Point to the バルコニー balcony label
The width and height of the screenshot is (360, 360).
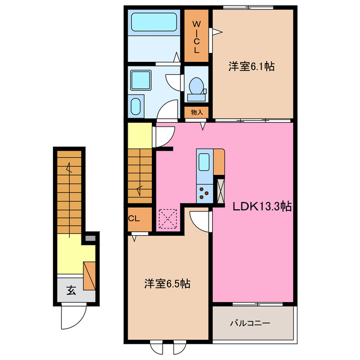click(x=250, y=323)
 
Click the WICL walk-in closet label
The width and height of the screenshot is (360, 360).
click(x=197, y=37)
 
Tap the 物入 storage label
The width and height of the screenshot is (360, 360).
click(x=197, y=112)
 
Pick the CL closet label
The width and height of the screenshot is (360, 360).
click(x=134, y=218)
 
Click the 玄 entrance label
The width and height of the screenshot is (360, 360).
click(x=71, y=291)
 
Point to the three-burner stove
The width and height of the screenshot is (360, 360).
click(x=203, y=193)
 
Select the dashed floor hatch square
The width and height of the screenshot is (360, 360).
click(x=168, y=219)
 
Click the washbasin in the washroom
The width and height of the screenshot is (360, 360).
click(x=138, y=80)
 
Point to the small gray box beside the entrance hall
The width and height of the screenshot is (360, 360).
click(x=90, y=238)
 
